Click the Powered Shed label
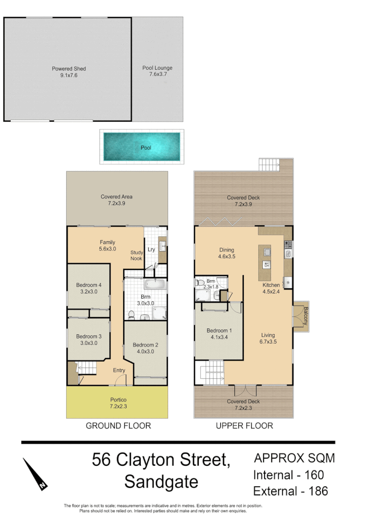69,69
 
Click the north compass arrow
35,474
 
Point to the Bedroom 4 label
89,285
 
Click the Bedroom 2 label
146,345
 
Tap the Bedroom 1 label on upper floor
221,330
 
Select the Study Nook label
136,255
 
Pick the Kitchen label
271,285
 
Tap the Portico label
118,400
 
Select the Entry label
119,370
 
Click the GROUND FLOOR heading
118,426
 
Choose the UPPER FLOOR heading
244,426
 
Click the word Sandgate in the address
161,482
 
